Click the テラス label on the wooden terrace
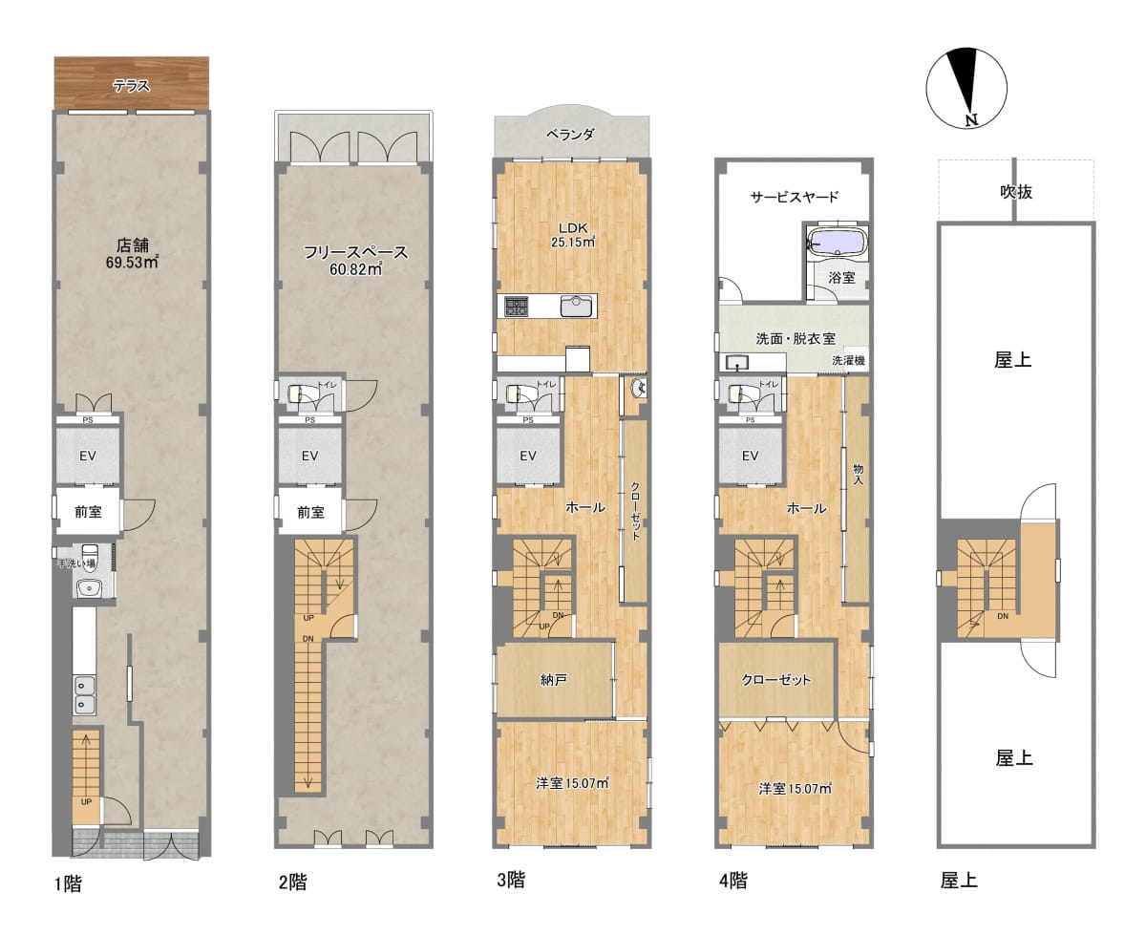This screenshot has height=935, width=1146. [132, 85]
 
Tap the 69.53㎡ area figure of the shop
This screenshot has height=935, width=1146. [132, 263]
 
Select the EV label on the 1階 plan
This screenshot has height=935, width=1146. [88, 456]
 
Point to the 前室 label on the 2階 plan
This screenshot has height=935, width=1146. [310, 512]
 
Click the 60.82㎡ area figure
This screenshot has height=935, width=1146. [355, 269]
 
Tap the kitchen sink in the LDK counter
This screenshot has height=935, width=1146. [577, 306]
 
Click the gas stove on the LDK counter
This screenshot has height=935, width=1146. [516, 306]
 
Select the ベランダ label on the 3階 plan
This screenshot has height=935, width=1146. [570, 135]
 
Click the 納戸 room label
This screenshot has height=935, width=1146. [554, 680]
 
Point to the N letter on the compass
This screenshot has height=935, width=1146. [971, 120]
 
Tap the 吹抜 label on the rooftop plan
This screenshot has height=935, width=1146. [1016, 192]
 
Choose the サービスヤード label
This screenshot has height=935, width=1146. [795, 197]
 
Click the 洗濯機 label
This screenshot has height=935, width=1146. [848, 360]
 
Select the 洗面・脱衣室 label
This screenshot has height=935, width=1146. [796, 338]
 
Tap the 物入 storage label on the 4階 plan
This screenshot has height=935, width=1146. [858, 475]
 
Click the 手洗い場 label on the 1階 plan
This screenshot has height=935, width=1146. [76, 563]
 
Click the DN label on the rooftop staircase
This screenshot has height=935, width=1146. [1003, 616]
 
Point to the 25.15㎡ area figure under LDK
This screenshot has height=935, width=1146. [573, 243]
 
